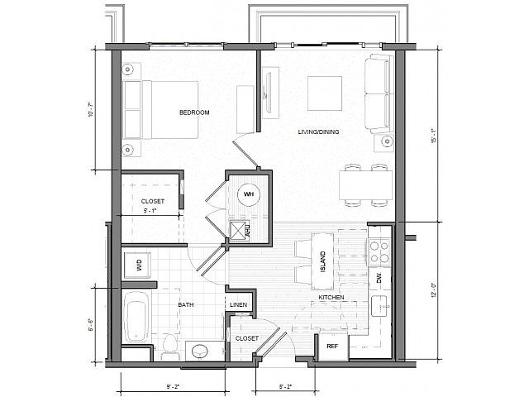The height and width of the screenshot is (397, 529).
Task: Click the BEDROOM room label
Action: point(194,112)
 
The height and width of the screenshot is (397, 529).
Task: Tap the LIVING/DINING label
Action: point(318,132)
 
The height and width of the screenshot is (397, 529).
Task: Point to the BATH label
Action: point(186,304)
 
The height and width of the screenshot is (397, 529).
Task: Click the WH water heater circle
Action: point(248,195)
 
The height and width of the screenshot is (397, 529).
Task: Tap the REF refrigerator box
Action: point(332,346)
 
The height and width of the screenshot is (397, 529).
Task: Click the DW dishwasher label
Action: point(379,280)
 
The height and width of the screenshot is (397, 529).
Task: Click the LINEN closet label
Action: point(238,305)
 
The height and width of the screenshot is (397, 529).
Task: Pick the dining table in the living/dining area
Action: point(365,183)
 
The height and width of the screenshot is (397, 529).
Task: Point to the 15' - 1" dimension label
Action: point(433,136)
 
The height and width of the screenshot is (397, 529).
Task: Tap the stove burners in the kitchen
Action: point(379,246)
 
